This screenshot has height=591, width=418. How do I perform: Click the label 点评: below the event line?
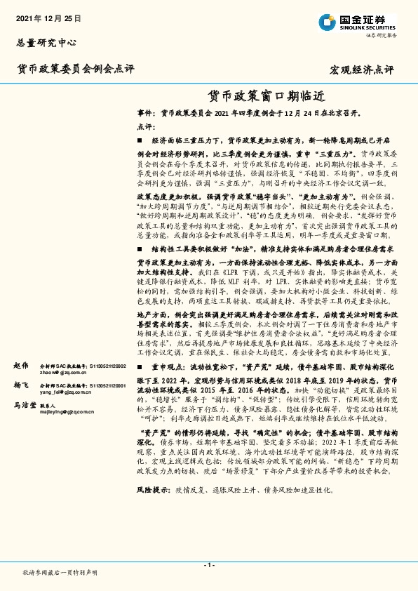pos(145,126)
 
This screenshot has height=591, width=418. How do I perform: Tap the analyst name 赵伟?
pos(21,366)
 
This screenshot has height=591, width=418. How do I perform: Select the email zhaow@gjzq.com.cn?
pos(62,373)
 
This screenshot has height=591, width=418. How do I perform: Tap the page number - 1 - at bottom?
pos(208,565)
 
